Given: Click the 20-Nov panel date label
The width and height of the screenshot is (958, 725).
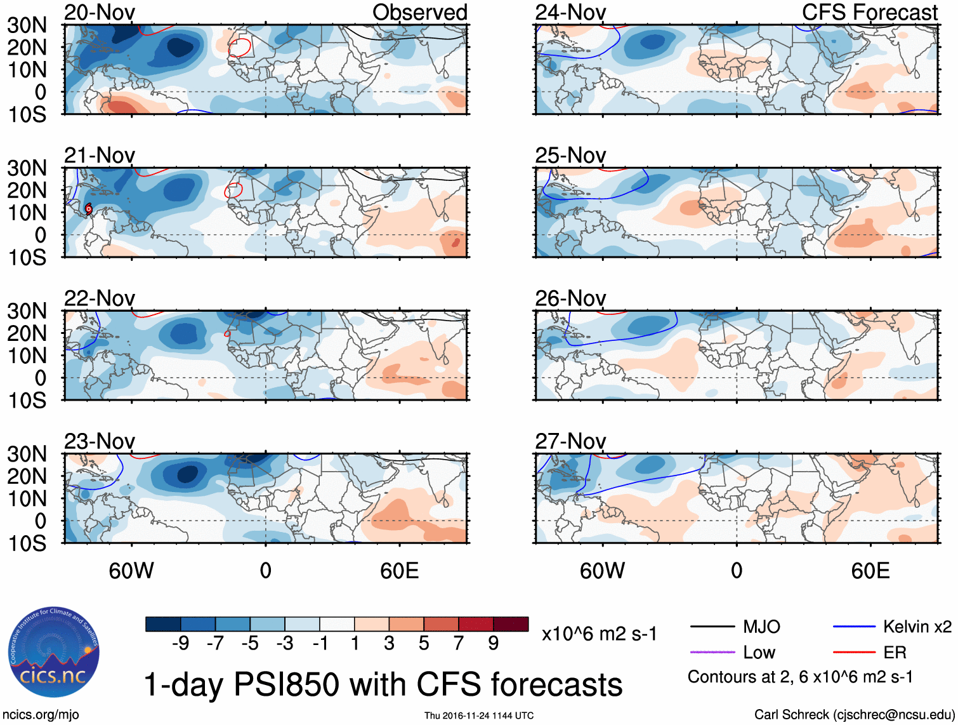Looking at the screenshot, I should click(100, 12).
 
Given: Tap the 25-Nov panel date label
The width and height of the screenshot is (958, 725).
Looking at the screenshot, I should click(570, 155).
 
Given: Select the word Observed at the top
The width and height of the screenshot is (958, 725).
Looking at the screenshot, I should click(419, 12).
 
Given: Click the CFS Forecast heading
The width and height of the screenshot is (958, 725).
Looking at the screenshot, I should click(869, 12).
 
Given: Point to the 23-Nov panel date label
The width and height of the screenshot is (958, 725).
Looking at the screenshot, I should click(100, 441).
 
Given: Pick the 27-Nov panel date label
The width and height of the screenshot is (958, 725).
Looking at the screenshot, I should click(570, 441).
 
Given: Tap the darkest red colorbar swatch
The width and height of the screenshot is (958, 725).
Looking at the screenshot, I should click(511, 624).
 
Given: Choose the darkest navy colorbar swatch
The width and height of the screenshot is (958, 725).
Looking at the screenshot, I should click(163, 624).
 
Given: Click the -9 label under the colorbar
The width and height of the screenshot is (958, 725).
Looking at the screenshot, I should click(181, 643).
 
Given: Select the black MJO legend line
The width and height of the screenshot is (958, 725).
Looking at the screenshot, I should click(712, 627).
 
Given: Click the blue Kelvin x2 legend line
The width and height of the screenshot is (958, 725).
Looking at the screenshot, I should click(854, 627).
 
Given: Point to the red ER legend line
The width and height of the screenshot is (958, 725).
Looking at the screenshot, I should click(854, 652).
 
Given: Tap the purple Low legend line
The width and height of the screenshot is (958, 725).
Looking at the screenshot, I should click(712, 652).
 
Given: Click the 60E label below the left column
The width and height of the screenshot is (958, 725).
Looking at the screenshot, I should click(399, 571).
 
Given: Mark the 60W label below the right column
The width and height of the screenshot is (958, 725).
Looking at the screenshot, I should click(602, 571).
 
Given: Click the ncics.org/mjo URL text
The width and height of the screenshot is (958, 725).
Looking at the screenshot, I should click(41, 715).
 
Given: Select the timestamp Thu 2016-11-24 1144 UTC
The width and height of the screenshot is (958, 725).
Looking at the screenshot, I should click(479, 715).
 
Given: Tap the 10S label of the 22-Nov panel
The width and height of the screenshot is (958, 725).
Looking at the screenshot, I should click(27, 401).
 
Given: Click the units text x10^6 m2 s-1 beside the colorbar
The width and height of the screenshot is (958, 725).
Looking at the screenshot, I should click(599, 634).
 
